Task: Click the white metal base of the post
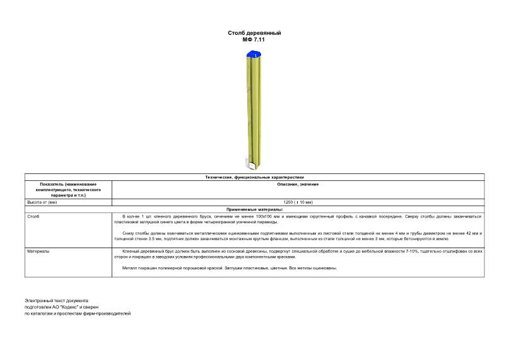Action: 254,166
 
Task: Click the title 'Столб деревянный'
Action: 254,32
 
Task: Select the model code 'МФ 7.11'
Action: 254,39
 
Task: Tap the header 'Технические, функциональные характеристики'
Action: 254,177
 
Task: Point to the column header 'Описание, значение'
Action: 298,184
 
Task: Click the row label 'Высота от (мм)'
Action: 42,202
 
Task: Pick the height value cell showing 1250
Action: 298,202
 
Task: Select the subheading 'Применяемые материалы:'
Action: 254,209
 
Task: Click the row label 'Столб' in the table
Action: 32,216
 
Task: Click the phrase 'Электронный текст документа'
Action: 57,301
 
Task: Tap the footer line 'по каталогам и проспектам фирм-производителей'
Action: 78,313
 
